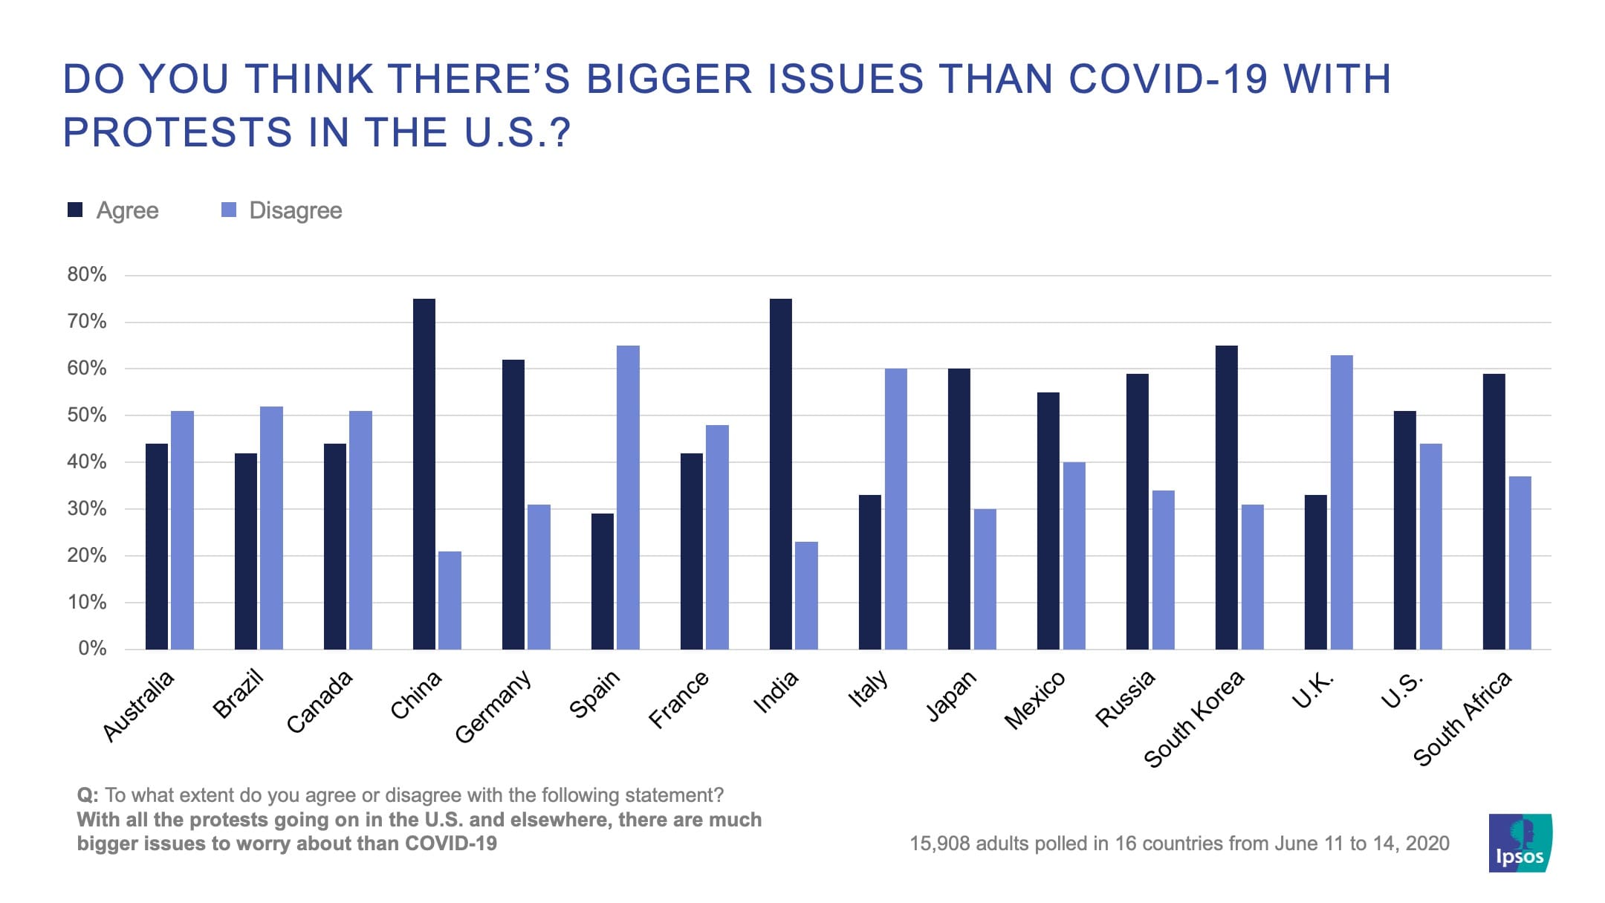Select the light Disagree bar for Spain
pos(628,497)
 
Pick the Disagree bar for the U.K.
pos(1341,502)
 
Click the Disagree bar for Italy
pos(895,509)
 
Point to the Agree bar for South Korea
pos(1227,497)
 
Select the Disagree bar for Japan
pos(985,579)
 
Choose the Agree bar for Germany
pos(513,505)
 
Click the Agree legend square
pos(75,210)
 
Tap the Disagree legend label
pos(296,210)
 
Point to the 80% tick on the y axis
pos(87,275)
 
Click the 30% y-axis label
pos(87,509)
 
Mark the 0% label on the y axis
pos(92,649)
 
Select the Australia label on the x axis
pos(139,705)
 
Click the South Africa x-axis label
pos(1462,718)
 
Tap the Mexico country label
pos(1035,700)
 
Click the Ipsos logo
pos(1520,843)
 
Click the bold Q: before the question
pos(88,795)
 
